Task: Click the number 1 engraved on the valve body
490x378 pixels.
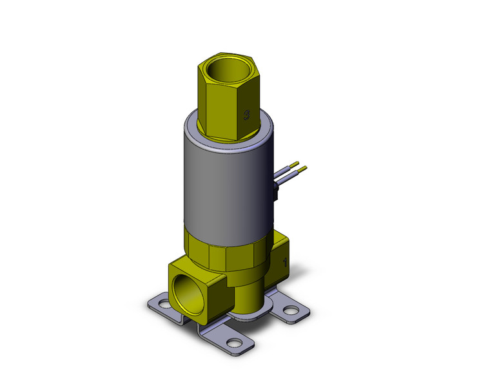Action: [x=285, y=261]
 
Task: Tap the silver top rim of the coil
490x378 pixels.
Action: [x=193, y=129]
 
